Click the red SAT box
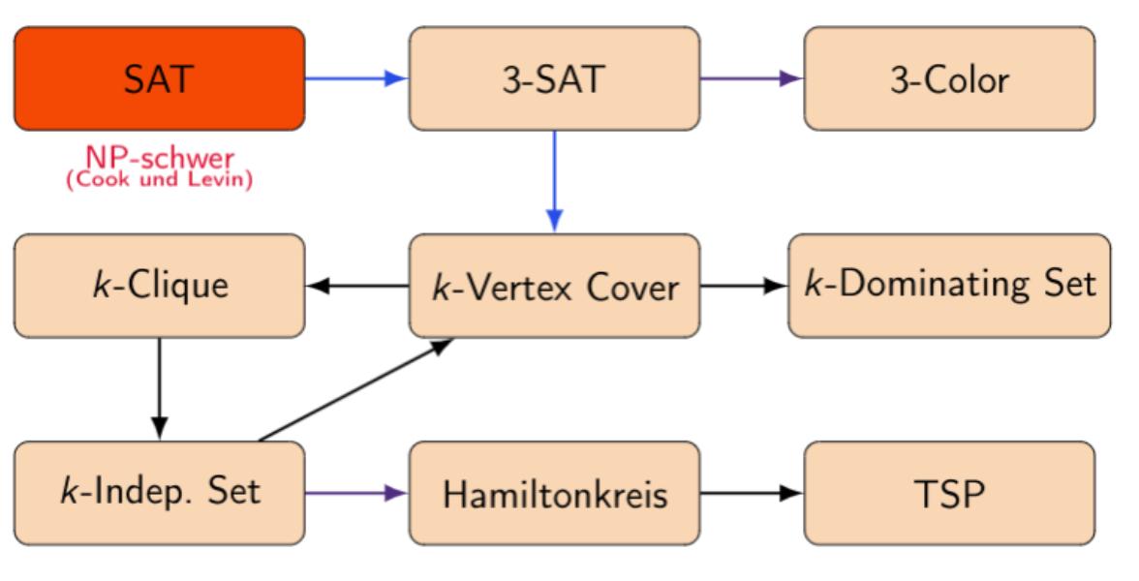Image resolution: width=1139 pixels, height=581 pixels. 159,78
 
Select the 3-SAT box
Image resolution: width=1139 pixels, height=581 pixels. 554,78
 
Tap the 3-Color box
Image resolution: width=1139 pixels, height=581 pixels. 949,78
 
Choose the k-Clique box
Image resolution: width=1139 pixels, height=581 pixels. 159,286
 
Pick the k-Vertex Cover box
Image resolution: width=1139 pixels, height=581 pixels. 554,286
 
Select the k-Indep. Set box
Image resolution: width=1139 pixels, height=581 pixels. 159,493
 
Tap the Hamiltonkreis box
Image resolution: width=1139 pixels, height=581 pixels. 554,493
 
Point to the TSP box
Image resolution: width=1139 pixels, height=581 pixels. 949,493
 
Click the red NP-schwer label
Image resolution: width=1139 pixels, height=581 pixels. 160,158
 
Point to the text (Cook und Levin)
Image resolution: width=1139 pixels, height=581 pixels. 159,179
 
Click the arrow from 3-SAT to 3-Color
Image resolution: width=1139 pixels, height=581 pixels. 752,78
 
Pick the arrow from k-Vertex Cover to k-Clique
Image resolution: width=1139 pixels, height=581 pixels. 356,286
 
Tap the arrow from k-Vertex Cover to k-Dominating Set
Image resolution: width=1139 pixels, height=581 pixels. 744,286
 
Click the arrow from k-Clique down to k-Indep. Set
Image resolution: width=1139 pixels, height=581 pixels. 159,388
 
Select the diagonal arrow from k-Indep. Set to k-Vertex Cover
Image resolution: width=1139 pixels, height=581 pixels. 356,389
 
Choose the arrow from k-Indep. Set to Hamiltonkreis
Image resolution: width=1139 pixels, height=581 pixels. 356,493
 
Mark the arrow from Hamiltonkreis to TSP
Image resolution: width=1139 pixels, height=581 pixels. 752,493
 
